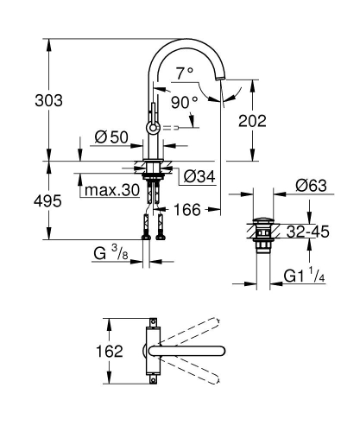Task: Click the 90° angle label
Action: (x=185, y=102)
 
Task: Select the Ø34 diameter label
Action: (x=199, y=178)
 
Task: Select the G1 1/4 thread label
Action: (x=306, y=276)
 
